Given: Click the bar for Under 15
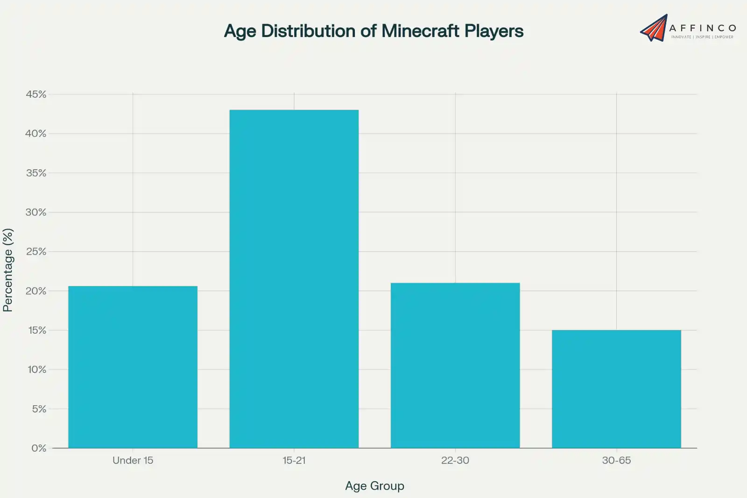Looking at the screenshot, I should (133, 367).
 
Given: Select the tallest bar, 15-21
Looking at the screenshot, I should (294, 279).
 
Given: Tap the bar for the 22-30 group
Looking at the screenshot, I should (455, 365).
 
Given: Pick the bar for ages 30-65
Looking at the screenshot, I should (616, 389).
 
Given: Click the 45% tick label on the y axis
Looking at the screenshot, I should (36, 94).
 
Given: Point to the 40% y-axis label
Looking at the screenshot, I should (36, 134).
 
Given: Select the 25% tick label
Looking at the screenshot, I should (36, 252).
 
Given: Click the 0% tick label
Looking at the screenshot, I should (39, 448).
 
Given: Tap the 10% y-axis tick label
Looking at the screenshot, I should (37, 370).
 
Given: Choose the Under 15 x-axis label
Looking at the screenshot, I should (133, 460).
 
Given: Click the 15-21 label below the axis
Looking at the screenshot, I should (294, 460).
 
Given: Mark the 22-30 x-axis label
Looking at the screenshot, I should (455, 460).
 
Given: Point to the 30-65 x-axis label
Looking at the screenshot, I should (616, 460).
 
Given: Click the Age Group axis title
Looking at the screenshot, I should (374, 486).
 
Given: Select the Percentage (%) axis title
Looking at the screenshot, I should (8, 270).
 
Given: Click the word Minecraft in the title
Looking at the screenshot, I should (420, 31).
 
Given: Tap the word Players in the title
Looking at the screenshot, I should (494, 31).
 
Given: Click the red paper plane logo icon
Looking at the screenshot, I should (654, 28).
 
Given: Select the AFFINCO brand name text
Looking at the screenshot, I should (703, 28).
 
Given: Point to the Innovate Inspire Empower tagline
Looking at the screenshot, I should (702, 37).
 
